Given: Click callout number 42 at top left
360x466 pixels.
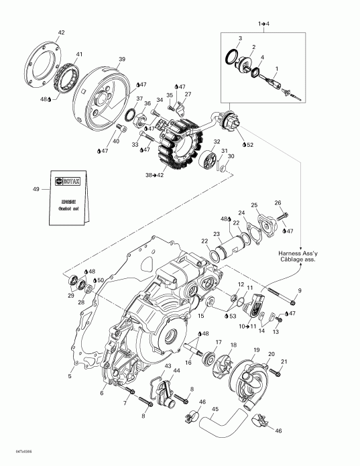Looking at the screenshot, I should coord(61,32).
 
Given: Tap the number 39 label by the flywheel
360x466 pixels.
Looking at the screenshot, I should coord(121,59).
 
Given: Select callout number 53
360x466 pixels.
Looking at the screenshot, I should coord(233,315).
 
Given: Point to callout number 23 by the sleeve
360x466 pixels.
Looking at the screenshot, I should coord(217,234).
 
